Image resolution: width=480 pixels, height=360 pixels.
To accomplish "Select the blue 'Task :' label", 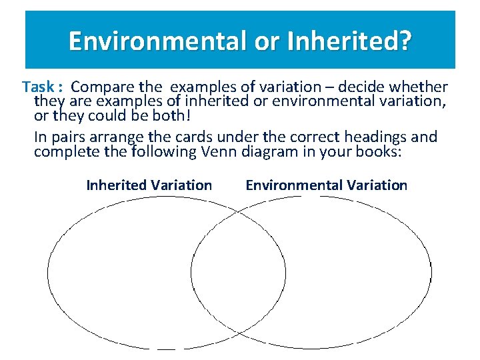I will click(x=42, y=87).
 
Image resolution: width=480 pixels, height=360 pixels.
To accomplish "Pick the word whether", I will click(x=423, y=87).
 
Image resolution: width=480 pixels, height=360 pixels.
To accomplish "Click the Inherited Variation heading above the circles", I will click(x=149, y=185).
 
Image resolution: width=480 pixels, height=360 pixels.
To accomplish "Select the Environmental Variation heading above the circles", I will click(x=326, y=185).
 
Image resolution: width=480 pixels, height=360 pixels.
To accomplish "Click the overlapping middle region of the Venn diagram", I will click(x=238, y=273).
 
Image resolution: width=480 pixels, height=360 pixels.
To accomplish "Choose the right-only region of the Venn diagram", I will click(x=360, y=273).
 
